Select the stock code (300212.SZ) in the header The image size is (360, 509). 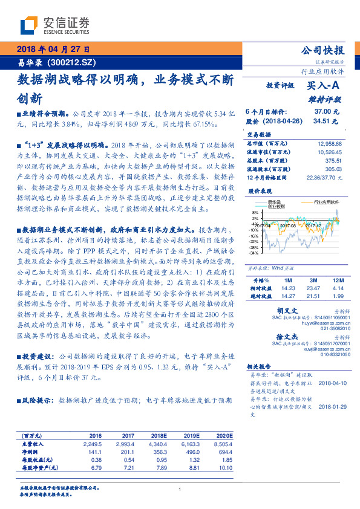tap(74, 62)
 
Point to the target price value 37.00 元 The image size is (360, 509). tap(327, 112)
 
